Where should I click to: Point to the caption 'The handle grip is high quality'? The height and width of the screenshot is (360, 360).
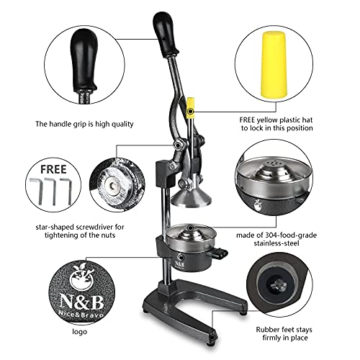(84, 124)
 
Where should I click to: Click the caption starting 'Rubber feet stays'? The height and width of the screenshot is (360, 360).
(294, 329)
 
